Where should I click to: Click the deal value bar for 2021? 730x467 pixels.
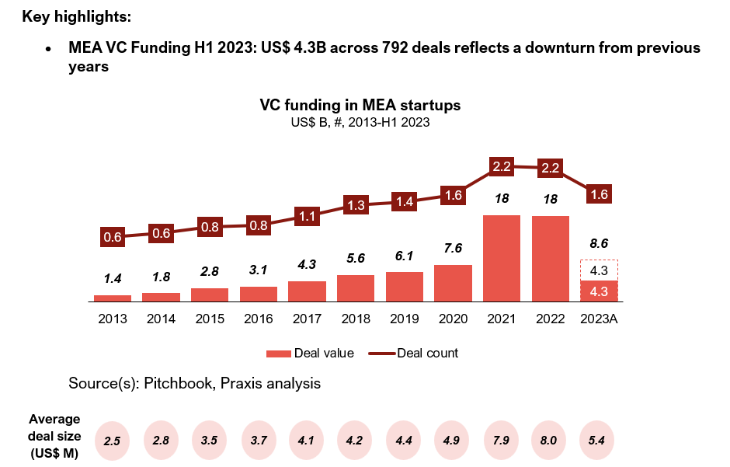[502, 258]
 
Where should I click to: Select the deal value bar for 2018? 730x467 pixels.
[356, 288]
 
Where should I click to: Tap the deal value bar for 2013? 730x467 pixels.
[113, 298]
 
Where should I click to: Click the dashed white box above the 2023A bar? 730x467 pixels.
[599, 270]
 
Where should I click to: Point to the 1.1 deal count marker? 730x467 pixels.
[307, 218]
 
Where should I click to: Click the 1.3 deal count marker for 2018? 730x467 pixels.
[356, 206]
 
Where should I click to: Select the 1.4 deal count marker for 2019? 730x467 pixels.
[404, 201]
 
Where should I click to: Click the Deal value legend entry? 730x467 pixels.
[310, 354]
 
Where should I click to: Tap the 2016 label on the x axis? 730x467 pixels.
[259, 318]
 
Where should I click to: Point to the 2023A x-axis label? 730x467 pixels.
[599, 318]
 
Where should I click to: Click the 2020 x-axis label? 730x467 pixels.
[453, 318]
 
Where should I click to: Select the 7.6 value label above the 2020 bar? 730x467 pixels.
[453, 249]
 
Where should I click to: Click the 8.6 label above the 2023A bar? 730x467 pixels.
[599, 243]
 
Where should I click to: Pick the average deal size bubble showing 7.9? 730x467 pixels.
[502, 441]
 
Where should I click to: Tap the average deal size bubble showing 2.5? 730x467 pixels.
[113, 441]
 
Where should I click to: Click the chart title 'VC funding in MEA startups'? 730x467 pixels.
[360, 105]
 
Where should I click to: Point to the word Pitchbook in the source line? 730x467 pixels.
[173, 383]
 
